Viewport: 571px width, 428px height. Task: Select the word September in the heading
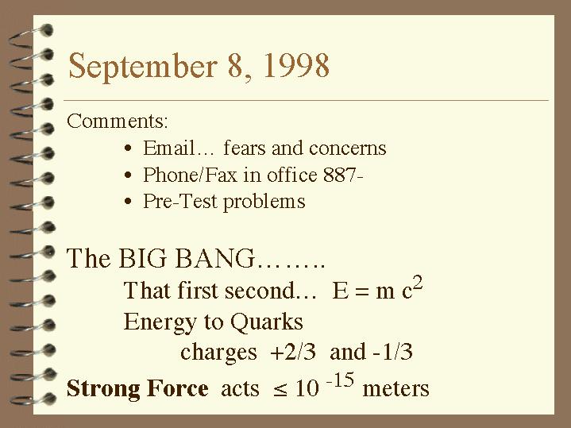point(143,67)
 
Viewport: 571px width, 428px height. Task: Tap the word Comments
point(118,121)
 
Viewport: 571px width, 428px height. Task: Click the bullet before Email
point(127,148)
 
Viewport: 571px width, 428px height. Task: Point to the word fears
point(245,148)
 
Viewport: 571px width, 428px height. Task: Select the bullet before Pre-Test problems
point(127,202)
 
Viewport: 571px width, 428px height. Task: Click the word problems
point(264,202)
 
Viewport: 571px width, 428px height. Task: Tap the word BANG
point(215,258)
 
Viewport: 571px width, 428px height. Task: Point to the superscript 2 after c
point(418,283)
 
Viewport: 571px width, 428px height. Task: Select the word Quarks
point(267,322)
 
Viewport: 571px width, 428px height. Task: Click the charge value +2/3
point(293,352)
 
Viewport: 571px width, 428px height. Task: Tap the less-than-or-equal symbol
point(280,390)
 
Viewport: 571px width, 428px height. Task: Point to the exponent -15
point(340,380)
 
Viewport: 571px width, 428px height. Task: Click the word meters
point(395,388)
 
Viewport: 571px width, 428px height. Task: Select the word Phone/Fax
point(190,175)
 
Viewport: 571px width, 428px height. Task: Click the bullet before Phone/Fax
point(127,175)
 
